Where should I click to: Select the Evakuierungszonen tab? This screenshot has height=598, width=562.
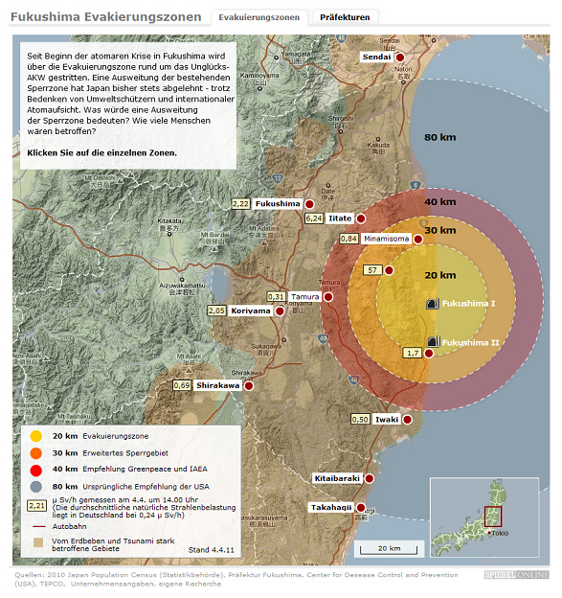259,17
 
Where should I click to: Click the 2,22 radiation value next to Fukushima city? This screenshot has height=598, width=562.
240,204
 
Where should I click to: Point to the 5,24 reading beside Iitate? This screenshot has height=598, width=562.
314,218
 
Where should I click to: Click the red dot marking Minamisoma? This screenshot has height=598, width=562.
418,238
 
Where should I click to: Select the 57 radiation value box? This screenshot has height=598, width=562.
373,270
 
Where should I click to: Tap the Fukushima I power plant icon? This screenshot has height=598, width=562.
432,304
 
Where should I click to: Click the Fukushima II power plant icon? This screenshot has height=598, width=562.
432,342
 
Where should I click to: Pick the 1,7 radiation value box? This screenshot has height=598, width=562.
414,354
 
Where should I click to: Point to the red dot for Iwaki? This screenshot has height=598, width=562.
407,420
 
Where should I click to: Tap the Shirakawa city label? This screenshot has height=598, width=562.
217,385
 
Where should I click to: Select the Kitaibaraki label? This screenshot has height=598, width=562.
337,478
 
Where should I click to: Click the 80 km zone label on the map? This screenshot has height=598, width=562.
439,137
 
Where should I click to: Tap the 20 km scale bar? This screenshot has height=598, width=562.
389,549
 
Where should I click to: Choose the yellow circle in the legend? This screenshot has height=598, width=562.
37,436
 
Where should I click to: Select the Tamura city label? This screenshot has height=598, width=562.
305,297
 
